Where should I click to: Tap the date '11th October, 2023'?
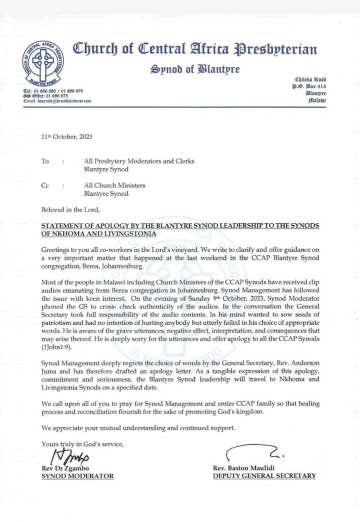point(67,137)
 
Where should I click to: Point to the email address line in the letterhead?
point(57,101)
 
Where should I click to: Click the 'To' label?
point(45,161)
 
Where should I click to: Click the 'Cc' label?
point(45,186)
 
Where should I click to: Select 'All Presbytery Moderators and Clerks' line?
point(139,161)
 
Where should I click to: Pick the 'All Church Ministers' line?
point(115,186)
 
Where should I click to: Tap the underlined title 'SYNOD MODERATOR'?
point(78,476)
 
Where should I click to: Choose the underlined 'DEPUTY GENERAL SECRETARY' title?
point(264,476)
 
